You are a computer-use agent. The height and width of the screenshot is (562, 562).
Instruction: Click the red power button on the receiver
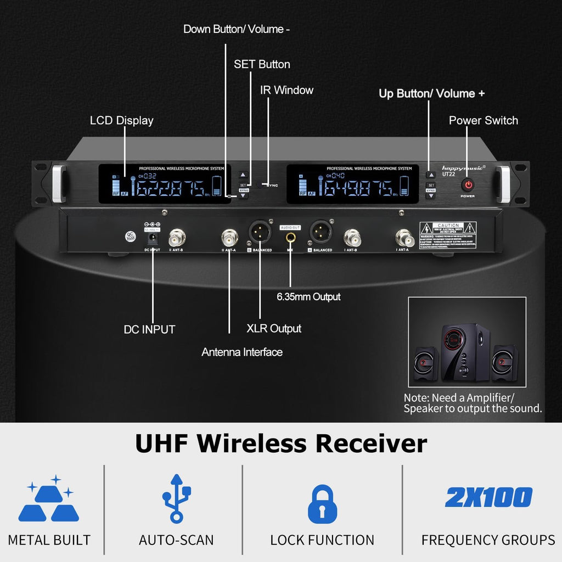point(468,185)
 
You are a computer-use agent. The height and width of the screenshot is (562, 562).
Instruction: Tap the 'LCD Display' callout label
point(121,120)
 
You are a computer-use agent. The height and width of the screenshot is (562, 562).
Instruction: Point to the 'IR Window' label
point(286,90)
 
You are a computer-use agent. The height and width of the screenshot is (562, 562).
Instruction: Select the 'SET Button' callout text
point(262,64)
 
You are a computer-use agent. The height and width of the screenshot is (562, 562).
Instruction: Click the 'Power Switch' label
point(483,120)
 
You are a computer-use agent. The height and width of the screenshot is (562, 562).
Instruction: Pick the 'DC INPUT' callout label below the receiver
point(149,329)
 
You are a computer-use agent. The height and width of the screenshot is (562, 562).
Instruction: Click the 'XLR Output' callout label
point(274,328)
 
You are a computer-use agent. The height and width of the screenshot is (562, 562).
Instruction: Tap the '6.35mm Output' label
point(308,297)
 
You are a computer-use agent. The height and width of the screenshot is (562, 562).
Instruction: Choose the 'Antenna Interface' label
point(242,352)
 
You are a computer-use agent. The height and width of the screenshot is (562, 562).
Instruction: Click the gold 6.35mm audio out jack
point(290,237)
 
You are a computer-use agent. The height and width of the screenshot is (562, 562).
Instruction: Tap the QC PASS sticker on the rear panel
point(130,235)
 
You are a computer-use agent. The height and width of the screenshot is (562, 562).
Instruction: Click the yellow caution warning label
point(448,235)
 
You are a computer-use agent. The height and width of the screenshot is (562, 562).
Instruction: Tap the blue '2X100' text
point(488,497)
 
